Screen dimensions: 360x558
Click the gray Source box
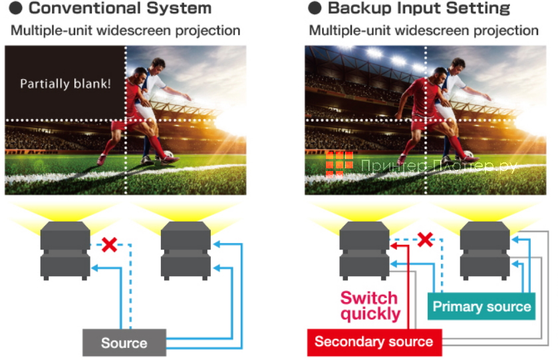pos(124,343)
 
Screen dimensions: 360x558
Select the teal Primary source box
pos(482,307)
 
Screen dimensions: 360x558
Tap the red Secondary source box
pos(373,342)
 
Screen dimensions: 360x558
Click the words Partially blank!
pos(65,84)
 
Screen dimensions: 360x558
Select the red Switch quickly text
pos(370,305)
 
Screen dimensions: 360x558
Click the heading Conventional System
pos(120,9)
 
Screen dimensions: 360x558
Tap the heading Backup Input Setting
pos(419,9)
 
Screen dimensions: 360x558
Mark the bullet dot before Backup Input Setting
pos(315,9)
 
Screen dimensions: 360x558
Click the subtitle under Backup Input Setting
pos(424,31)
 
